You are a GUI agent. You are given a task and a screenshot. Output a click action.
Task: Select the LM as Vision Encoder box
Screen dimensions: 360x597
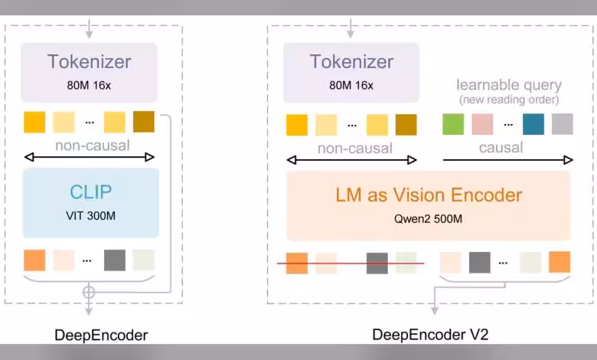pyautogui.click(x=428, y=205)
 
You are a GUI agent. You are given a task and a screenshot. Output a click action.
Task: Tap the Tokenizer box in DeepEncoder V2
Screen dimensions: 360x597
pyautogui.click(x=351, y=72)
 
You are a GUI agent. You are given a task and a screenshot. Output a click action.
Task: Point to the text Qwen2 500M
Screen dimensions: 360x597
pyautogui.click(x=428, y=219)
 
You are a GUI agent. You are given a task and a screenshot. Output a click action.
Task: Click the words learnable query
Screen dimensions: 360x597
pyautogui.click(x=508, y=85)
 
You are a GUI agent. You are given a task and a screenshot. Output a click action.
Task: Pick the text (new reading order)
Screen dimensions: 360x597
pyautogui.click(x=508, y=100)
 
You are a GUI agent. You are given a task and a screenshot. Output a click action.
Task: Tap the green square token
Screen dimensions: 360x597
pyautogui.click(x=453, y=124)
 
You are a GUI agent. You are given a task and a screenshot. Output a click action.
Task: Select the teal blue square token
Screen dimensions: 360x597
pyautogui.click(x=533, y=124)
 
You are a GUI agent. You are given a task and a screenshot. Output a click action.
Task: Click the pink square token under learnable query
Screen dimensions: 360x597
pyautogui.click(x=482, y=124)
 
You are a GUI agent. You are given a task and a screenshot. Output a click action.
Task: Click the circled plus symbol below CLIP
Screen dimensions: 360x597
pyautogui.click(x=89, y=292)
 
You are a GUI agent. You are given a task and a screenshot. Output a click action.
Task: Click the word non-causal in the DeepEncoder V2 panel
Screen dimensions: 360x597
pyautogui.click(x=354, y=148)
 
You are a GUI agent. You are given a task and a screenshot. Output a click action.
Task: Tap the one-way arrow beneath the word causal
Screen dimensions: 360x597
pyautogui.click(x=507, y=160)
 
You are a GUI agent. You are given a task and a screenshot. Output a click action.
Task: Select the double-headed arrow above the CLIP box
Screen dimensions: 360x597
pyautogui.click(x=90, y=157)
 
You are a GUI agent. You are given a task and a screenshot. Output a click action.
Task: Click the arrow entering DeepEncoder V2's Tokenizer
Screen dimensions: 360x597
pyautogui.click(x=351, y=29)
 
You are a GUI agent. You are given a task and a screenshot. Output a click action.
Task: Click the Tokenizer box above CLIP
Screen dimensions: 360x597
pyautogui.click(x=90, y=71)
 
